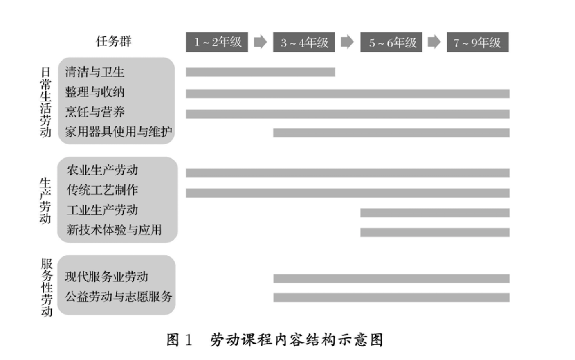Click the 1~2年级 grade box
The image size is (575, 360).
(x=217, y=42)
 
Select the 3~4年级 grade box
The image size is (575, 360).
(x=304, y=42)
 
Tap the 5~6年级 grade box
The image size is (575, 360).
(x=391, y=42)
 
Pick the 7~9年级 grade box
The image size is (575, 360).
(x=477, y=42)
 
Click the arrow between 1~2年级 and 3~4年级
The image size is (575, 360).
(x=260, y=42)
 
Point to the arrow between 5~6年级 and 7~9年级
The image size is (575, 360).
(x=434, y=42)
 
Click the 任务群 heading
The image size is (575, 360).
(x=114, y=41)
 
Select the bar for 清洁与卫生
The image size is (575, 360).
(x=261, y=72)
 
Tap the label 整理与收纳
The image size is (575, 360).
(x=94, y=92)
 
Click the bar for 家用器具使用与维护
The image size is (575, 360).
(x=391, y=133)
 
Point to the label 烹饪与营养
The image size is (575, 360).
(x=94, y=112)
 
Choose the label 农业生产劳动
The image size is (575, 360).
(x=102, y=170)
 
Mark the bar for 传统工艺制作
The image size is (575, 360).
(x=348, y=193)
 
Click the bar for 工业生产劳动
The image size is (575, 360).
(x=435, y=213)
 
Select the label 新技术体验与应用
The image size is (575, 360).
(x=114, y=230)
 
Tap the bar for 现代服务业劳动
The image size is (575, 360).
(x=391, y=279)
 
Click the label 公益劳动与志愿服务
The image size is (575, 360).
(x=119, y=297)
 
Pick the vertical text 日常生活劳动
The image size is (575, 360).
(x=45, y=102)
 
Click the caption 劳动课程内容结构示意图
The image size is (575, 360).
(x=296, y=340)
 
